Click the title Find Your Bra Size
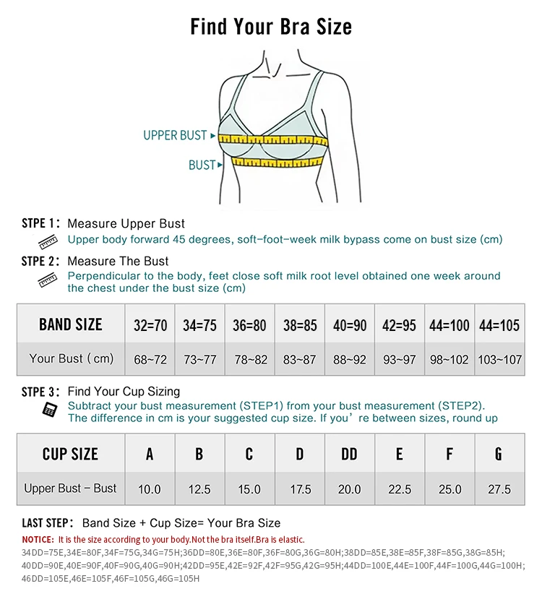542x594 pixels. pos(271,27)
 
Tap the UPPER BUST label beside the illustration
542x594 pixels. pos(175,135)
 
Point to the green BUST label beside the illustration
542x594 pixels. pos(202,165)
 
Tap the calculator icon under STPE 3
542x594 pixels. pos(49,410)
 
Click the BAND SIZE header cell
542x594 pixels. pos(71,324)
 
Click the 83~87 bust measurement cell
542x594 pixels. pos(300,359)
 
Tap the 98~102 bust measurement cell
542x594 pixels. pos(449,359)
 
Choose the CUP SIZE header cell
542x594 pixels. pos(70,454)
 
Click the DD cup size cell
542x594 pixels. pos(349,454)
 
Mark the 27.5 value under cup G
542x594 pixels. pos(499,489)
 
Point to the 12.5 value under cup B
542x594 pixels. pos(199,489)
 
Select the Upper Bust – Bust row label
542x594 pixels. pos(70,488)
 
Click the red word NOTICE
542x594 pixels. pos(38,540)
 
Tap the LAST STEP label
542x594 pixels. pos(47,522)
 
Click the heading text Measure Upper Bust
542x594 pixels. pos(126,224)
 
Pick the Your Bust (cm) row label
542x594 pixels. pos(71,358)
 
